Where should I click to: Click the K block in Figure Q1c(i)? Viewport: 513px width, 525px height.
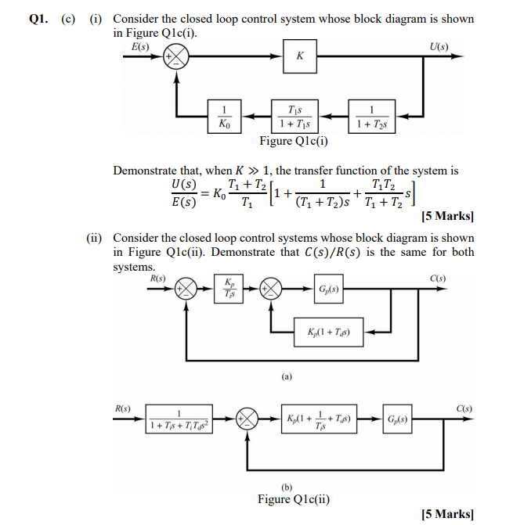[300, 56]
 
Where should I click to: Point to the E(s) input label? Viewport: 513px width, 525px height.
[140, 45]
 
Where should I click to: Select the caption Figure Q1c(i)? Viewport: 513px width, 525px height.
[294, 142]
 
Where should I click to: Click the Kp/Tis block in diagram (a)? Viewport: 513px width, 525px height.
[229, 288]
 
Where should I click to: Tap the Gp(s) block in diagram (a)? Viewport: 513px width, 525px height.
[327, 288]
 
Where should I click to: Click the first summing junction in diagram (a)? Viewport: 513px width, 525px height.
[186, 288]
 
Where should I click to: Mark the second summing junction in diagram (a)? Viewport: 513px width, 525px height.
[272, 288]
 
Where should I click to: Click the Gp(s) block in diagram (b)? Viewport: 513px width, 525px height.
[402, 419]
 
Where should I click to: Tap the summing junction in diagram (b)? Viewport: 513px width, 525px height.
[248, 419]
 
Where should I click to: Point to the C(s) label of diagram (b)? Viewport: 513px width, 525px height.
[465, 406]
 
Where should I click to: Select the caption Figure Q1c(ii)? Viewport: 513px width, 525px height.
[294, 499]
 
